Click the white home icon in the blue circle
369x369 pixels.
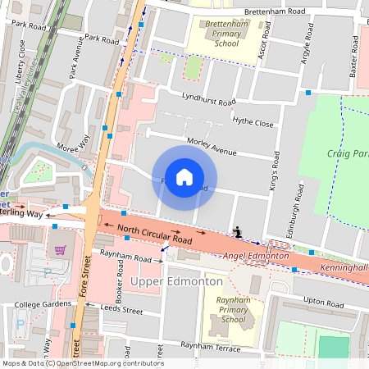184,176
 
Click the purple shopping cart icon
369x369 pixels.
59,250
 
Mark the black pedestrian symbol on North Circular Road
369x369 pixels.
238,232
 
